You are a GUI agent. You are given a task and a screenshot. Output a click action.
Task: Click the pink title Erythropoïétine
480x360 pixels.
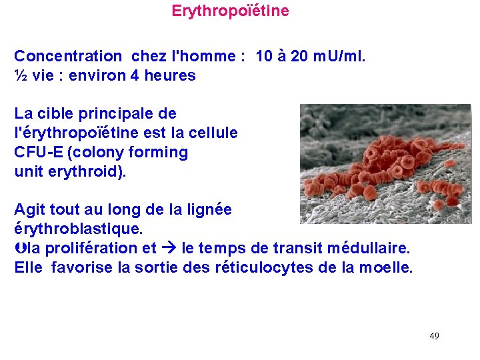pos(230,11)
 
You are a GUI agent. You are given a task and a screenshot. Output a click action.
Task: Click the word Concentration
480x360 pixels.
pos(68,56)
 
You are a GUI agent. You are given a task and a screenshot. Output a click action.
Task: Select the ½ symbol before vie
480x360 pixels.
pos(21,75)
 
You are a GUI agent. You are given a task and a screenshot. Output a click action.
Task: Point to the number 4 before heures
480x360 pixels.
pos(135,75)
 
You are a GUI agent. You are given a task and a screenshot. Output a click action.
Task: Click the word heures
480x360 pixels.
pos(170,75)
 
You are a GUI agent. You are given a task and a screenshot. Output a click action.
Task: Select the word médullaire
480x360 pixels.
pos(372,248)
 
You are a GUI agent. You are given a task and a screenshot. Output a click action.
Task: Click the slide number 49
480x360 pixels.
pos(434,335)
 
